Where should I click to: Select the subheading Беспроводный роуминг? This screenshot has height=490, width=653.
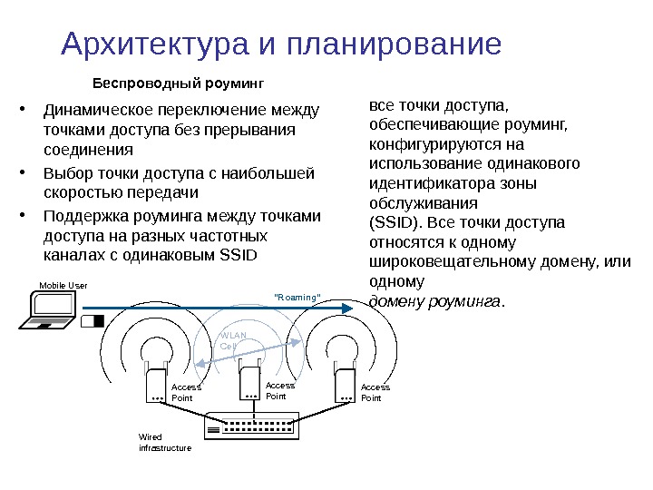tap(179, 83)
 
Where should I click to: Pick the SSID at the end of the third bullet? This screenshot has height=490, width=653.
tap(239, 255)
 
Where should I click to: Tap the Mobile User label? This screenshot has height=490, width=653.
tap(63, 285)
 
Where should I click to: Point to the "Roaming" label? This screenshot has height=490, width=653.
tap(297, 297)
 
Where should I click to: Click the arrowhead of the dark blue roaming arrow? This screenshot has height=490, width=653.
tap(347, 309)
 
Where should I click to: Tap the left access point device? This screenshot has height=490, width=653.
tap(155, 386)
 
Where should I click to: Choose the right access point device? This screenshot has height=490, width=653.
tap(344, 386)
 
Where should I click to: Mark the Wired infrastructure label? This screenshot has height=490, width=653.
tap(164, 443)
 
